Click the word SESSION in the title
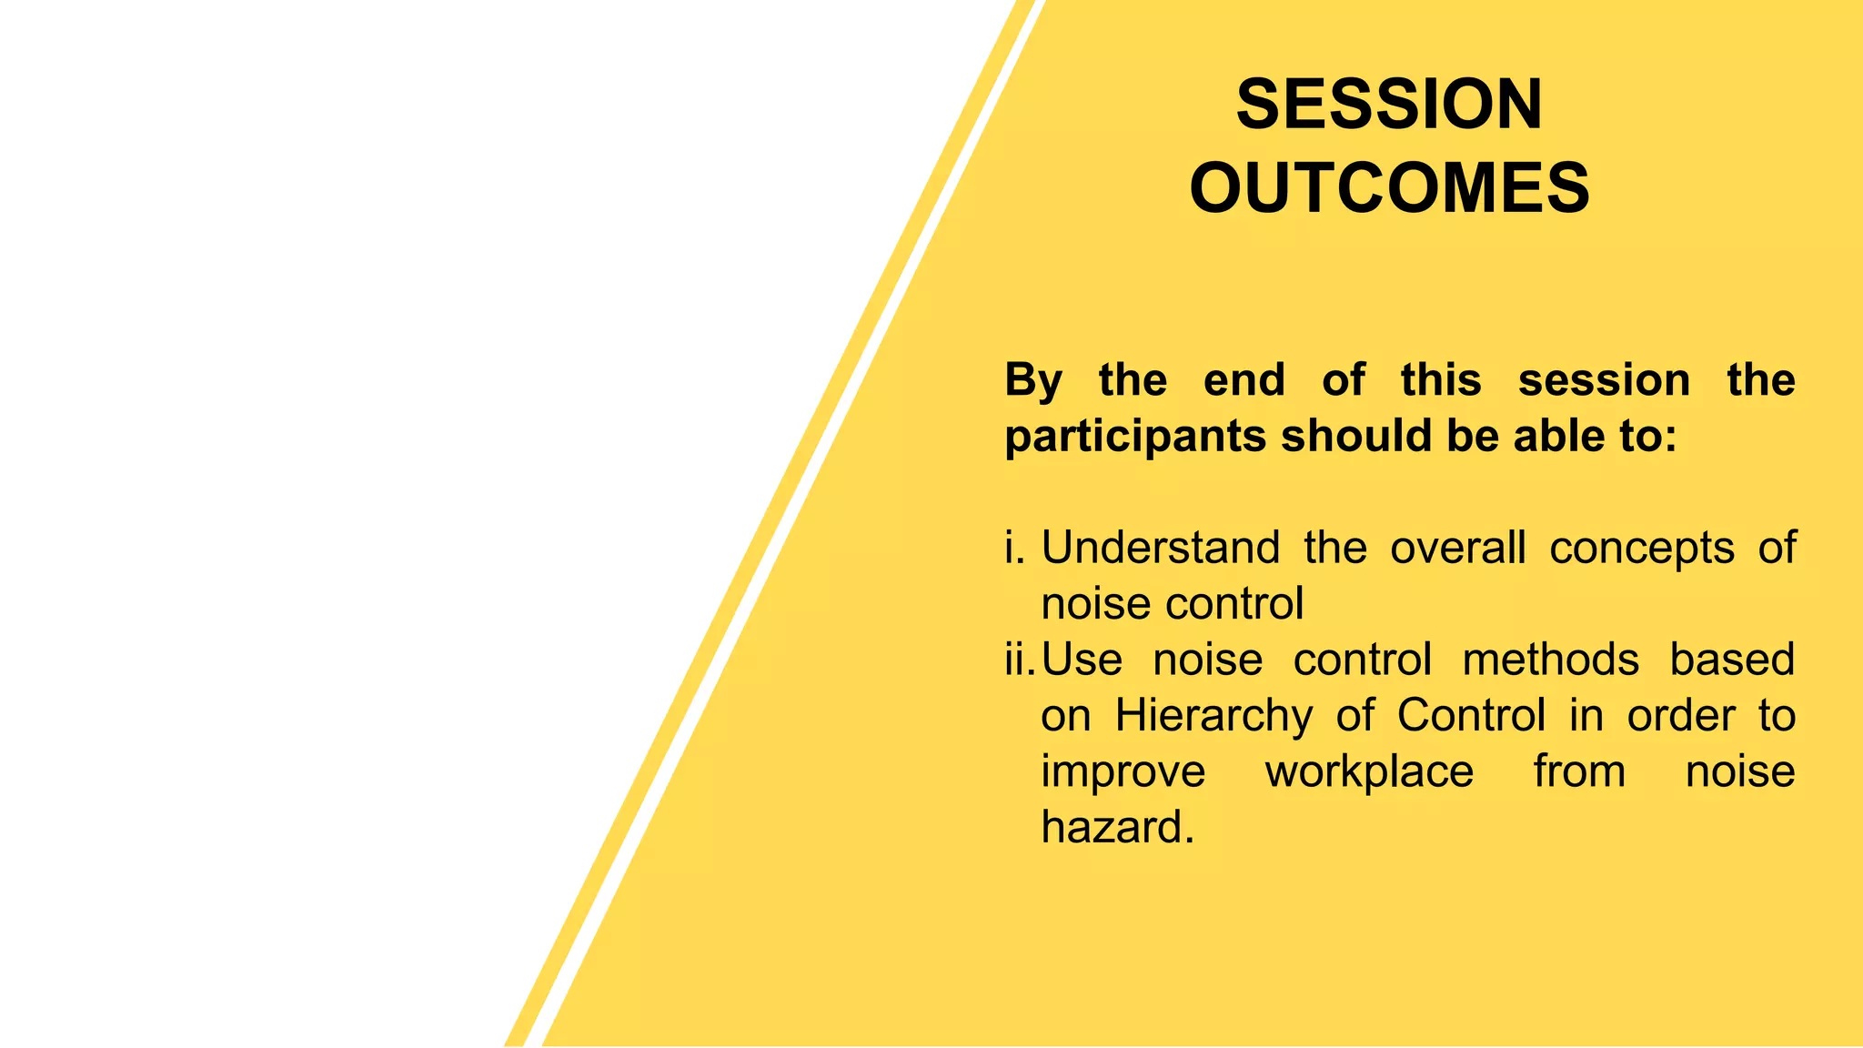coord(1389,105)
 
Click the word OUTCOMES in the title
coord(1389,188)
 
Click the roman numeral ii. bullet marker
coord(1019,660)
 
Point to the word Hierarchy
coord(1213,716)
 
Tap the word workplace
coord(1369,771)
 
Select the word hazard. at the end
coord(1117,828)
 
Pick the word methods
coord(1550,660)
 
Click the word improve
coord(1123,771)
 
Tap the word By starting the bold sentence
coord(1032,380)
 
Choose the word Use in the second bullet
coord(1082,660)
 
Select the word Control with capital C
coord(1471,716)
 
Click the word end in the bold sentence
coord(1244,380)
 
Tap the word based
coord(1731,660)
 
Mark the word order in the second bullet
coord(1680,716)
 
